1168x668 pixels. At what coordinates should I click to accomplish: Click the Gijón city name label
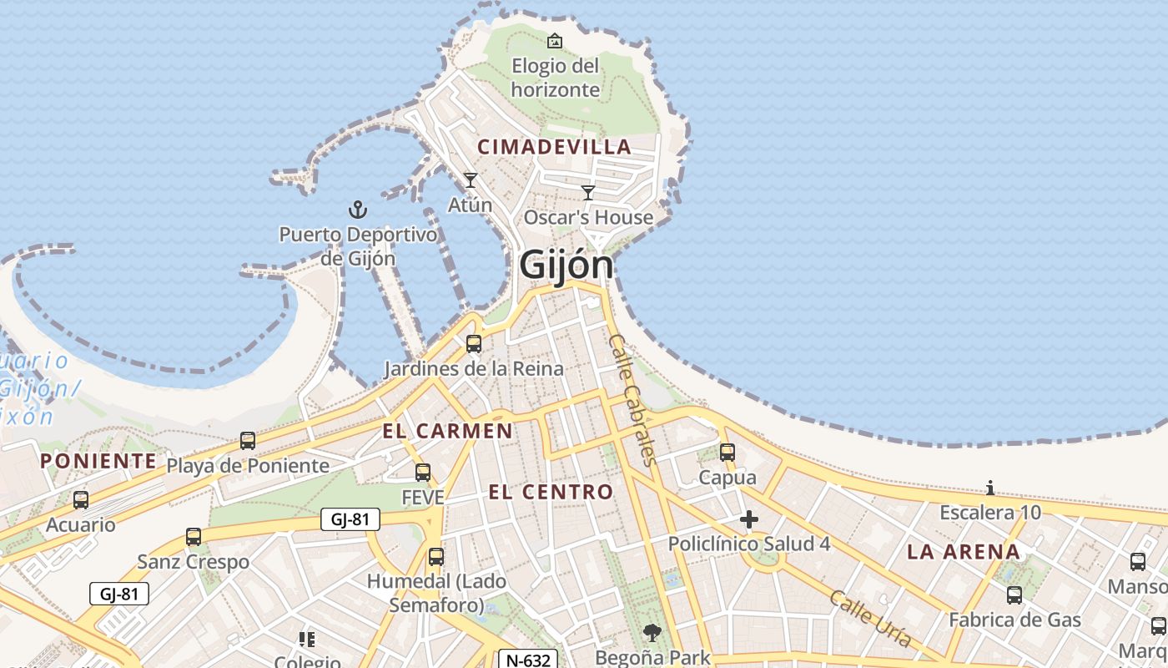tap(566, 266)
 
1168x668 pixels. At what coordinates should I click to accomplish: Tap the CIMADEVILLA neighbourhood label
tap(554, 147)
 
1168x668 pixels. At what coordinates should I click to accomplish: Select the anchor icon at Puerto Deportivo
tap(357, 210)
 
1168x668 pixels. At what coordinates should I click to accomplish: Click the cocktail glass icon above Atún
tap(471, 180)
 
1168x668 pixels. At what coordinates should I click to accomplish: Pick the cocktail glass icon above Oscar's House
tap(588, 193)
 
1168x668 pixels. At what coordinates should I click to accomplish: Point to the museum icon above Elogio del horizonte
tap(555, 40)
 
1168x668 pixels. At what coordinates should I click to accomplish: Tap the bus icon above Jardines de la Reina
tap(474, 343)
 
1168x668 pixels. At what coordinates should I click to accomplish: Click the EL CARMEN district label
tap(447, 431)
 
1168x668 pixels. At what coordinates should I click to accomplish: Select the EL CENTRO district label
tap(551, 492)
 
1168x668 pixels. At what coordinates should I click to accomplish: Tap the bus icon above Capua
tap(727, 453)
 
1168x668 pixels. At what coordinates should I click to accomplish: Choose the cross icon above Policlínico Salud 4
tap(749, 520)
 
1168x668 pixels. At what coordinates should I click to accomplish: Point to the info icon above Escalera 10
tap(990, 488)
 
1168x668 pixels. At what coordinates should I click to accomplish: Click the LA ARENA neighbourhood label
tap(964, 551)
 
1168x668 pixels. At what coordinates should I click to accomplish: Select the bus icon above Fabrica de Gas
tap(1014, 595)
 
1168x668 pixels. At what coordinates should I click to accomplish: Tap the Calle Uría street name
tap(870, 619)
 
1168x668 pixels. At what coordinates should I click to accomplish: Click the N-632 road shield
tap(529, 660)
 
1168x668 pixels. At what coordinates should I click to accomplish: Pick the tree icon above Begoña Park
tap(652, 633)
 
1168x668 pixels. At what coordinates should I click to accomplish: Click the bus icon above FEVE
tap(423, 473)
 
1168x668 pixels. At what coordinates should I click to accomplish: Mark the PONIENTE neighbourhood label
tap(98, 461)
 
